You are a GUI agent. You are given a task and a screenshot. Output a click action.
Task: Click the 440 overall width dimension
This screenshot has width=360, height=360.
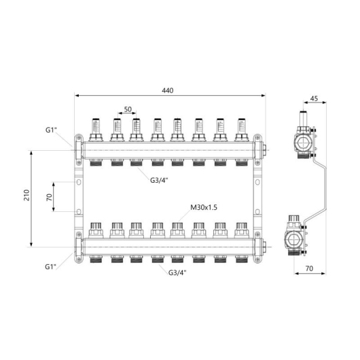point(168,90)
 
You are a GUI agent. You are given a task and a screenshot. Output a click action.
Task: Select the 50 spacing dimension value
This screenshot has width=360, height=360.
point(128,109)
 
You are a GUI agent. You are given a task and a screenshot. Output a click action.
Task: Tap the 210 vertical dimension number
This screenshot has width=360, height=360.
point(27,195)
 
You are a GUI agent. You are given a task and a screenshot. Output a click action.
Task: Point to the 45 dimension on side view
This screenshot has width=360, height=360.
point(314,98)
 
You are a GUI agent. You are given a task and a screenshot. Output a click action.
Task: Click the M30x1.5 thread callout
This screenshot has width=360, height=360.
point(204,208)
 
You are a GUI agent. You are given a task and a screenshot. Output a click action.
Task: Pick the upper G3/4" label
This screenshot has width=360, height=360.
point(159,180)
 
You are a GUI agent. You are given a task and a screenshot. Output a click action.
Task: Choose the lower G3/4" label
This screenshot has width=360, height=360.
point(177,272)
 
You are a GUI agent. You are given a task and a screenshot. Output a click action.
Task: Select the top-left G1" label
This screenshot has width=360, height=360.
point(51,130)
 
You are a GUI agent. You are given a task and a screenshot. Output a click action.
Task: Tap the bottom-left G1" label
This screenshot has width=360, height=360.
point(51,267)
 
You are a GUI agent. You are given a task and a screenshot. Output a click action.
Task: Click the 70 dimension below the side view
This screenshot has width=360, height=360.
point(310,268)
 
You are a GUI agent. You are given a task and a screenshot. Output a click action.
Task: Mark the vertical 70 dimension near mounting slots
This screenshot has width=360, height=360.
point(50,198)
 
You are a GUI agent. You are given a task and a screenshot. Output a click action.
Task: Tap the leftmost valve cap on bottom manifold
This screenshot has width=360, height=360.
point(96,230)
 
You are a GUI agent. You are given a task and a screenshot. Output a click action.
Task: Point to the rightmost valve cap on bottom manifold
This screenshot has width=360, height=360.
point(242,230)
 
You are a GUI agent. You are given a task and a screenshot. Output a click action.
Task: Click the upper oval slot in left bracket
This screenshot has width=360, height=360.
point(79,182)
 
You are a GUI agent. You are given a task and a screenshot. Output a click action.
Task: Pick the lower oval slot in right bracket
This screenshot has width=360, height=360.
point(257,211)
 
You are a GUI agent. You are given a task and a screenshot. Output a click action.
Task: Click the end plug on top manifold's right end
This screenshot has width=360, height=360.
point(265,150)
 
